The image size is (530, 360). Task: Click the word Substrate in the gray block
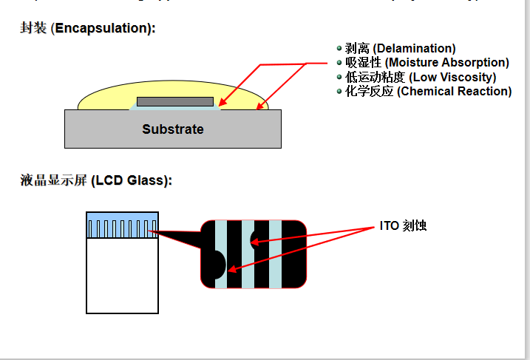coord(173,129)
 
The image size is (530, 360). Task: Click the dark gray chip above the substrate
coord(175,101)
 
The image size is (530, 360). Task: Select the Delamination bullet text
coord(400,49)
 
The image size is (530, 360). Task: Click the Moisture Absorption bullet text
coord(427,63)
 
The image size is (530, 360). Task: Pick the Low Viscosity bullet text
coord(420,77)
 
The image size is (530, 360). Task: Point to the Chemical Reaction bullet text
coord(428,92)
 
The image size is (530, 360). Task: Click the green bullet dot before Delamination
coord(339,48)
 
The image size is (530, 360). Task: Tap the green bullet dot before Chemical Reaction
coord(339,91)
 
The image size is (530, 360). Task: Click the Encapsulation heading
coord(87,29)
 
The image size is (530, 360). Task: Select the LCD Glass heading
coord(95,180)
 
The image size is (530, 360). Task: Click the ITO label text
coord(403,225)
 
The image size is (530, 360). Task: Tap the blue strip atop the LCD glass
coord(122,225)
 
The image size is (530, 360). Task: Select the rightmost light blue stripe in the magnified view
coord(275,254)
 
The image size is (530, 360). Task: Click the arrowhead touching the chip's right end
coord(221,106)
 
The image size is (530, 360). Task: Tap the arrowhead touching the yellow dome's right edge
coord(259,107)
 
